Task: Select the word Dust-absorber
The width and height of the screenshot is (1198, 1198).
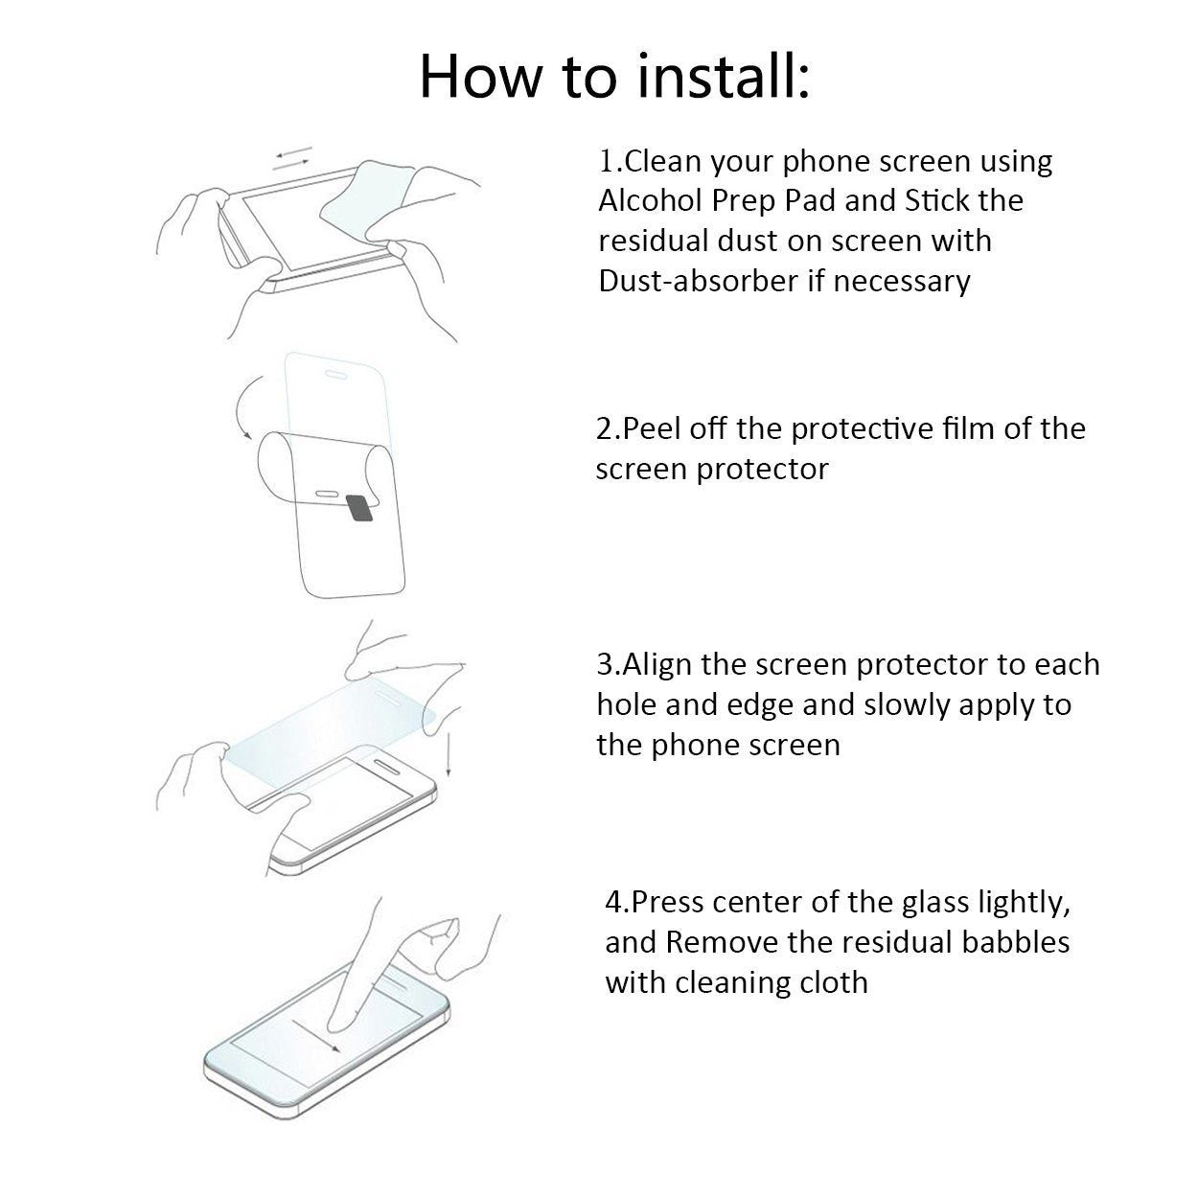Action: [697, 281]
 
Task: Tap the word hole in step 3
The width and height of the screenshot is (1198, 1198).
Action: [626, 704]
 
